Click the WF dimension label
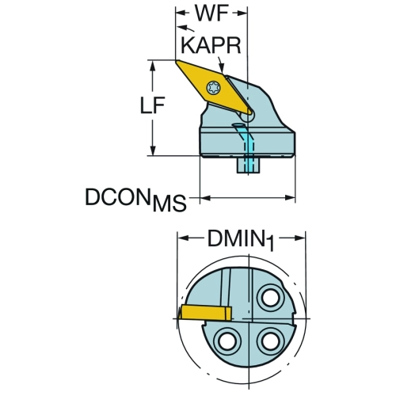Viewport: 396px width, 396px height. (x=211, y=13)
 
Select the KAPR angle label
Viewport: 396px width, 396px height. (x=211, y=45)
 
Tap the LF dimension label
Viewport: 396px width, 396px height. (x=152, y=105)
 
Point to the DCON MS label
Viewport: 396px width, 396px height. (x=135, y=200)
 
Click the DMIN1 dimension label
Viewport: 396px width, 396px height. (x=241, y=240)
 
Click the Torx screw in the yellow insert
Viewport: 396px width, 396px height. (x=213, y=87)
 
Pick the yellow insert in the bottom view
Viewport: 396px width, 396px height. (x=205, y=313)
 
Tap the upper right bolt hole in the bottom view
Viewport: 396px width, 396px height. (x=270, y=298)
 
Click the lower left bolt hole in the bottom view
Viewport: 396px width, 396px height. (x=227, y=341)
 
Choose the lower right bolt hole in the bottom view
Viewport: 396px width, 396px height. (x=270, y=341)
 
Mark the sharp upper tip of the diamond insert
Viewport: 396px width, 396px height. (x=176, y=60)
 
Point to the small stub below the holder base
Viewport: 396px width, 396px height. (x=248, y=165)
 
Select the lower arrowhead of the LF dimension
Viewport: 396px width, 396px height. (x=152, y=150)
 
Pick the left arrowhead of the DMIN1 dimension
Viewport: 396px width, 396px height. (x=183, y=238)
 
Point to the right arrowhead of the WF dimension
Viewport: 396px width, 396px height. (x=242, y=13)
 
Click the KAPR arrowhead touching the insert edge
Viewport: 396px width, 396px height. (x=222, y=68)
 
